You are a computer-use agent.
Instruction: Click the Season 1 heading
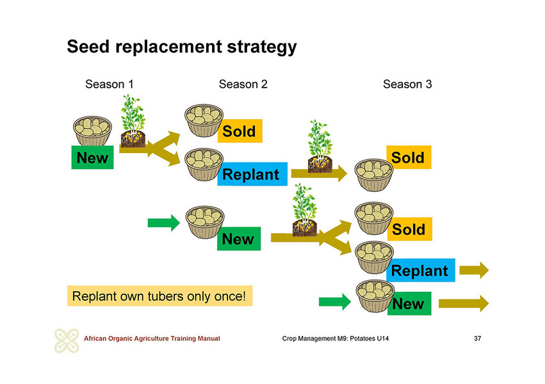coord(109,84)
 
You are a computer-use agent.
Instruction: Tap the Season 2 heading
coord(243,84)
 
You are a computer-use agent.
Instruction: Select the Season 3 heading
coord(407,84)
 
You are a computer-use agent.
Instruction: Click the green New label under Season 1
coord(92,157)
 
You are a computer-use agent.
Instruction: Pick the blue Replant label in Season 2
coord(252,174)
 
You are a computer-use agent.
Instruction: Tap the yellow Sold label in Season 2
coord(240,131)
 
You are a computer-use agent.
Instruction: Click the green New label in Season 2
coord(239,239)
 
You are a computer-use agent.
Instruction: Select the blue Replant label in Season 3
coord(421,270)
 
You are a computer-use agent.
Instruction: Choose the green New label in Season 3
coord(409,303)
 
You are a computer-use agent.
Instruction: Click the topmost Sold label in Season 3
coord(409,157)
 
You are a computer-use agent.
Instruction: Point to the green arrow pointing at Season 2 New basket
coord(164,223)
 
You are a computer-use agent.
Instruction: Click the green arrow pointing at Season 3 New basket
coord(335,301)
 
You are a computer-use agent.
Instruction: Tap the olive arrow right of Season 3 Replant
coord(474,270)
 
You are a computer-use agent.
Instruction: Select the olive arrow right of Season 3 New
coord(464,303)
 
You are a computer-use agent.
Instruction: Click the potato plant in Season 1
coord(133,121)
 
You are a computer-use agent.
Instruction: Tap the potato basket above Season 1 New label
coord(92,131)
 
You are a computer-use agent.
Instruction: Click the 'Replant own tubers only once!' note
coord(159,296)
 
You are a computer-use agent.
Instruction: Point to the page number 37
coord(478,338)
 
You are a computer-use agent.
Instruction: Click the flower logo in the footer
coord(67,340)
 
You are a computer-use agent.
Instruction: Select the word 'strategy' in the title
coord(262,47)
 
